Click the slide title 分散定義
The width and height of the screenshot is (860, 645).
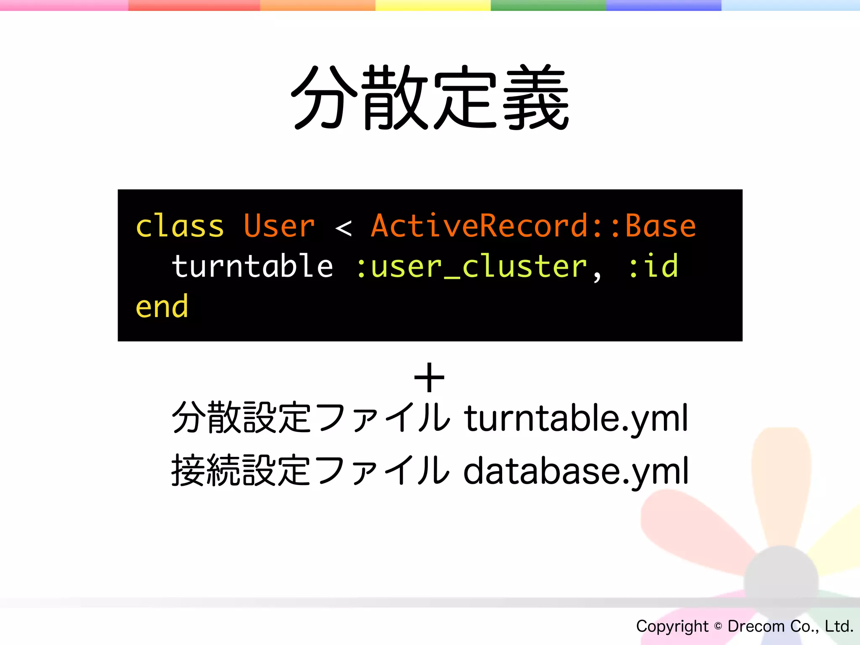430,97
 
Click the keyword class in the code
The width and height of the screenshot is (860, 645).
180,226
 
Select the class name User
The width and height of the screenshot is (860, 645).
279,226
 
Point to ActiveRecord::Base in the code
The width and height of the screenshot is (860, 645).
533,226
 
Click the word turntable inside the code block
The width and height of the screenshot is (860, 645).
253,266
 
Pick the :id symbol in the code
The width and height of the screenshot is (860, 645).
653,266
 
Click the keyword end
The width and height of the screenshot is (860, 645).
162,307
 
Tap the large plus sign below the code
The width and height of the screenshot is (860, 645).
429,378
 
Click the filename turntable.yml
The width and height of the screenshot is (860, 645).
576,418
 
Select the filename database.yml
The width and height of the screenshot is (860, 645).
576,471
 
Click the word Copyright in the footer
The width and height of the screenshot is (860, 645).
672,627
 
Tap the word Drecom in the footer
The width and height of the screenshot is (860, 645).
756,627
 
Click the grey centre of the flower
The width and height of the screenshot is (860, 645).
781,582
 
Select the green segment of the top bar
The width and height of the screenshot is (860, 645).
548,5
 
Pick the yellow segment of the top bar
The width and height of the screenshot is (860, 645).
433,5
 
